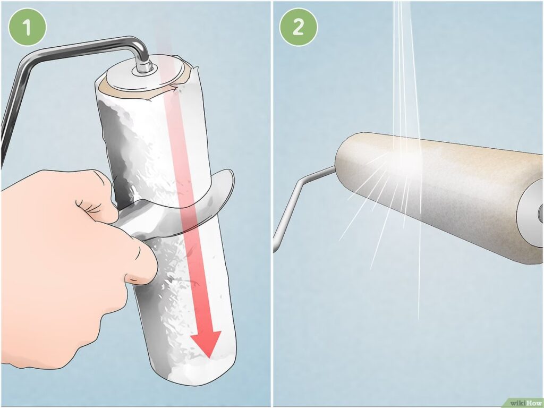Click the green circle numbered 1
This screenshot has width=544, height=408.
pyautogui.click(x=27, y=27)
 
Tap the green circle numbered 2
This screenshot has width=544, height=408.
pyautogui.click(x=299, y=27)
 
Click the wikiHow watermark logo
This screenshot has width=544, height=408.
pyautogui.click(x=525, y=403)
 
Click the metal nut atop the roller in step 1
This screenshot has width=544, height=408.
pyautogui.click(x=143, y=67)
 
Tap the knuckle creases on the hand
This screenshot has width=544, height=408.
pyautogui.click(x=89, y=207)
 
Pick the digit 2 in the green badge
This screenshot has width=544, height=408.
pyautogui.click(x=299, y=27)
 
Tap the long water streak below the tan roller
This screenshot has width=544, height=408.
pyautogui.click(x=420, y=260)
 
